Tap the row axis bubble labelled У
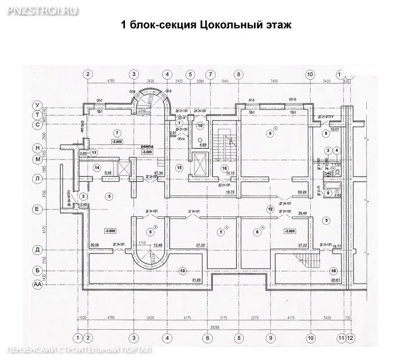(x=38, y=105)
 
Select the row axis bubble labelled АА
(x=38, y=285)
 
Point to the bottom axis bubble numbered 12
(x=350, y=338)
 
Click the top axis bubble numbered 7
(x=211, y=74)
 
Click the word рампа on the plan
(x=146, y=147)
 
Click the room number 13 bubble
(x=182, y=271)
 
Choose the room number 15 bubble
(x=179, y=168)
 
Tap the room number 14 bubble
(x=97, y=167)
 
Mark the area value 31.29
(x=196, y=280)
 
